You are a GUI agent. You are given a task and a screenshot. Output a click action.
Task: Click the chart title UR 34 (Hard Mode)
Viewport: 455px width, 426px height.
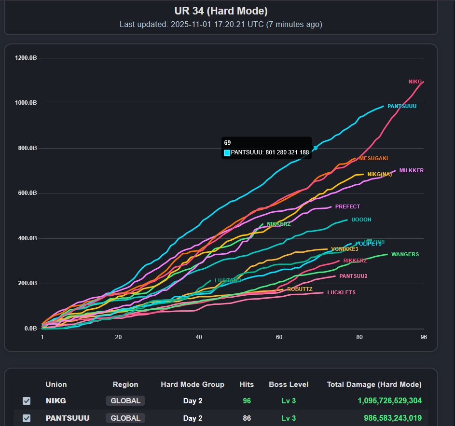(221, 11)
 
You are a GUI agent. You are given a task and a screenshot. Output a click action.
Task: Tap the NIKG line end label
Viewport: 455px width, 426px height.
(415, 82)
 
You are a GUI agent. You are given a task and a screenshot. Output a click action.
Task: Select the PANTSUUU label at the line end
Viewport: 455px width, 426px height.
(401, 106)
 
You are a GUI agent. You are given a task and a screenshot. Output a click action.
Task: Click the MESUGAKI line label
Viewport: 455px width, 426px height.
(373, 158)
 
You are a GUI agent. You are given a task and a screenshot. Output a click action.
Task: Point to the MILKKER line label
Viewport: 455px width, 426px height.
(411, 170)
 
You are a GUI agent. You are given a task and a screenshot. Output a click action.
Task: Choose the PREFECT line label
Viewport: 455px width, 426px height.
(347, 206)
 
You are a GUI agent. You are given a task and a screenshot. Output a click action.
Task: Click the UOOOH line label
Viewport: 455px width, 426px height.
(361, 220)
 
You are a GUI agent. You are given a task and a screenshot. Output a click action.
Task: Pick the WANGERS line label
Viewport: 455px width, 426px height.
(405, 254)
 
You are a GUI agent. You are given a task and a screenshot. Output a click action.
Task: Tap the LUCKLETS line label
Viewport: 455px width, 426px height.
(341, 292)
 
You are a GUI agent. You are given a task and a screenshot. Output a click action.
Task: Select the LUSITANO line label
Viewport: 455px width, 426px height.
(228, 280)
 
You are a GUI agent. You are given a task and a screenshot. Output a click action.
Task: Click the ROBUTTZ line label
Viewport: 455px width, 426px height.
(300, 289)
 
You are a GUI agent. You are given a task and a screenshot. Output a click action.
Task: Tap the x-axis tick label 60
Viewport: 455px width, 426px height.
(279, 337)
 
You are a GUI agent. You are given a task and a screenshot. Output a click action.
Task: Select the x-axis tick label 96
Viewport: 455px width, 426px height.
(423, 337)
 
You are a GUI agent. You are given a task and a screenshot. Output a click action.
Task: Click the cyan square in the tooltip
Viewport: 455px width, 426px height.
(227, 152)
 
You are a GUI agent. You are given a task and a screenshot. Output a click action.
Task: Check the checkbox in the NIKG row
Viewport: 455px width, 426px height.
(27, 401)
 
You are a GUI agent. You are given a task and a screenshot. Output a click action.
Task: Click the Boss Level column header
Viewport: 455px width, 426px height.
(289, 385)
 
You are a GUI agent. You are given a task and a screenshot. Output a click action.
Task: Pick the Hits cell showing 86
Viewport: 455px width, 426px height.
(247, 418)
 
